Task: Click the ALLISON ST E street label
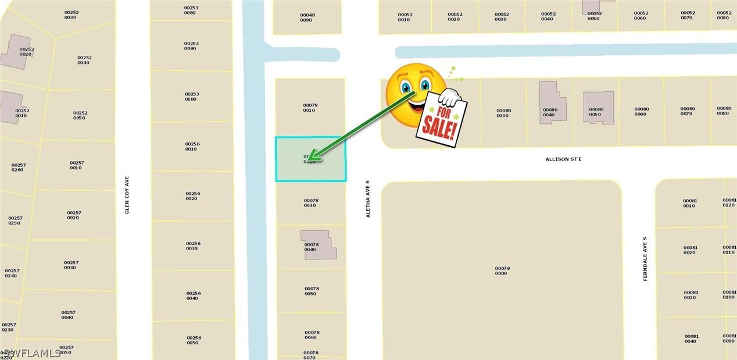pyautogui.click(x=563, y=159)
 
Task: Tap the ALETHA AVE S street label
pyautogui.click(x=368, y=198)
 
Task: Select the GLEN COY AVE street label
pyautogui.click(x=127, y=195)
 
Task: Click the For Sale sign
pyautogui.click(x=442, y=119)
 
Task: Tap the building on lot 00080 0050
pyautogui.click(x=598, y=107)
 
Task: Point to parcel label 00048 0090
pyautogui.click(x=307, y=17)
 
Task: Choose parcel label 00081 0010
pyautogui.click(x=689, y=203)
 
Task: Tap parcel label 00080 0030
pyautogui.click(x=503, y=113)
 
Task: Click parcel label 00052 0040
pyautogui.click(x=548, y=16)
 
